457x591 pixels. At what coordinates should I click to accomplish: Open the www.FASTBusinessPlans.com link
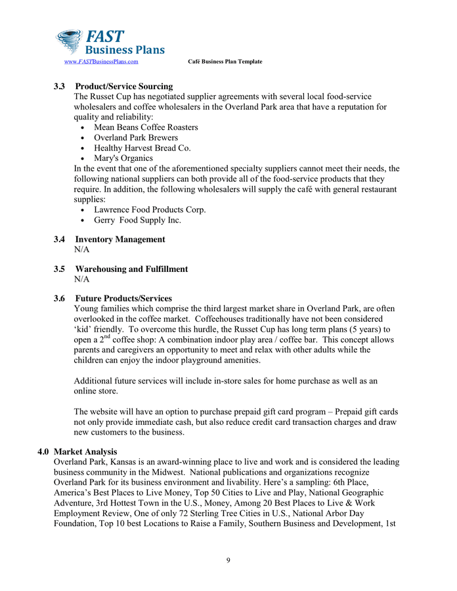pyautogui.click(x=100, y=62)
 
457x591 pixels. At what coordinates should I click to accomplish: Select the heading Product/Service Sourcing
pyautogui.click(x=124, y=87)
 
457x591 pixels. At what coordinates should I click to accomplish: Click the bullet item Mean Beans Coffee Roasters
pyautogui.click(x=146, y=127)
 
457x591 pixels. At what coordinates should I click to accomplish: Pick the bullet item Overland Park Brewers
pyautogui.click(x=136, y=138)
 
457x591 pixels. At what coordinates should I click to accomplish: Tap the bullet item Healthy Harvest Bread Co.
pyautogui.click(x=142, y=148)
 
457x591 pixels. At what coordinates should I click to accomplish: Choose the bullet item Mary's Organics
pyautogui.click(x=123, y=158)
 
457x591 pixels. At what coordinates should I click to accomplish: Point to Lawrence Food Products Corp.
pyautogui.click(x=150, y=210)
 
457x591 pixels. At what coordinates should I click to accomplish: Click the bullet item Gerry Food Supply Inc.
pyautogui.click(x=138, y=221)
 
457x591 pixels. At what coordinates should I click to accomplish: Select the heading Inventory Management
pyautogui.click(x=120, y=240)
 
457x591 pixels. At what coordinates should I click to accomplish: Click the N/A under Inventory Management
pyautogui.click(x=82, y=250)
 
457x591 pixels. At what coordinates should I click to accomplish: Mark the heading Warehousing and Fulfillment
pyautogui.click(x=131, y=269)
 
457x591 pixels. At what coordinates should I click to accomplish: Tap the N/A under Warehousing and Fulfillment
pyautogui.click(x=82, y=280)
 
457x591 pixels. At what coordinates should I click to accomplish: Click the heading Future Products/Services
pyautogui.click(x=123, y=299)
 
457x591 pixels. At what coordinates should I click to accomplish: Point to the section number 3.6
pyautogui.click(x=59, y=299)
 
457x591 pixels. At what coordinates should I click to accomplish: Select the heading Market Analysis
pyautogui.click(x=85, y=452)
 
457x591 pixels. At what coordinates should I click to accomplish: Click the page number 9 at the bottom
pyautogui.click(x=228, y=560)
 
